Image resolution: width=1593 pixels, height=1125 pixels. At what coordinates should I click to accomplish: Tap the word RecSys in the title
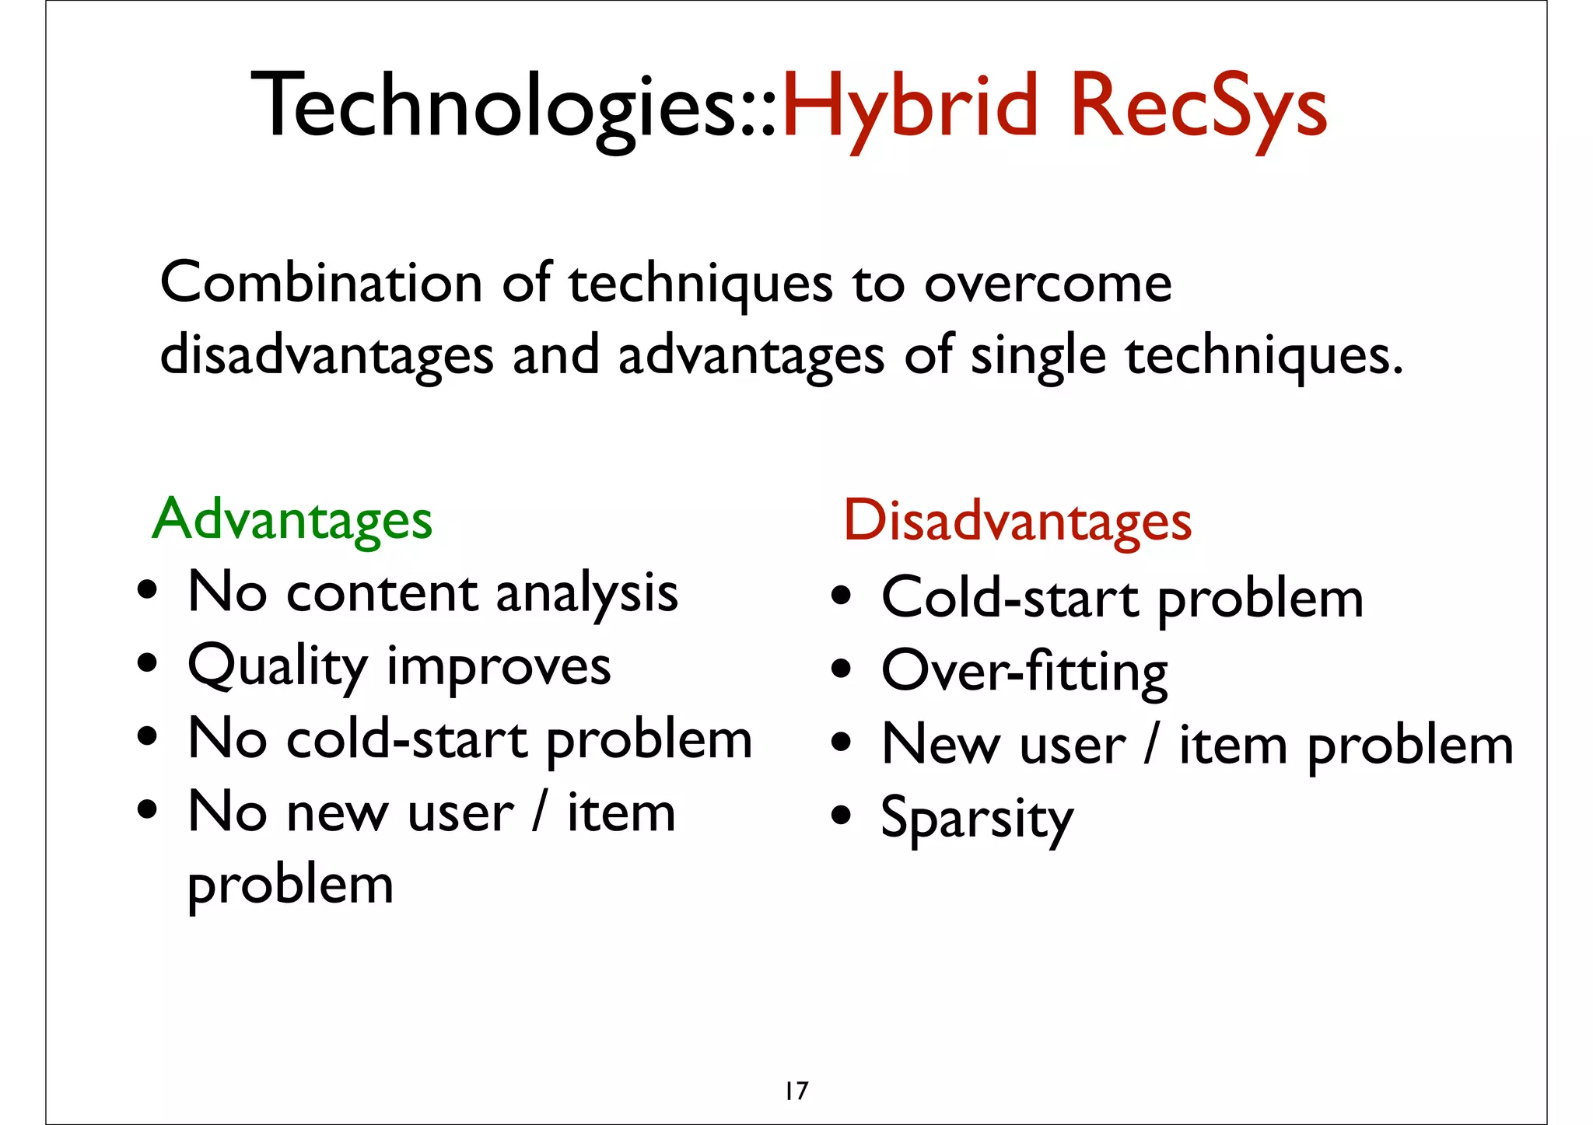click(1198, 107)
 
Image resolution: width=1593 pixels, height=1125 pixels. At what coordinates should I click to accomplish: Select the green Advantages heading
click(292, 519)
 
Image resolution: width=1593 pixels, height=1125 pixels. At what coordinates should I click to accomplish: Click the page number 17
click(796, 1091)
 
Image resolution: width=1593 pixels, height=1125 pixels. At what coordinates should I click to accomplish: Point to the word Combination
click(320, 283)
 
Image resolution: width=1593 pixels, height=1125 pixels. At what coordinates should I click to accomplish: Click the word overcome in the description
click(1047, 285)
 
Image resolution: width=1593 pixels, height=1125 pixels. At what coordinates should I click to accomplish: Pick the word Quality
click(278, 667)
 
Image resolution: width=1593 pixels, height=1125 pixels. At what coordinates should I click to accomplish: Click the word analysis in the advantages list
click(586, 594)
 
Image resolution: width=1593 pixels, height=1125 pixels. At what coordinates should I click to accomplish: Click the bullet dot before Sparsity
click(841, 815)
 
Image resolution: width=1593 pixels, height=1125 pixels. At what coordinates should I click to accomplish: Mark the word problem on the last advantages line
click(290, 886)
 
